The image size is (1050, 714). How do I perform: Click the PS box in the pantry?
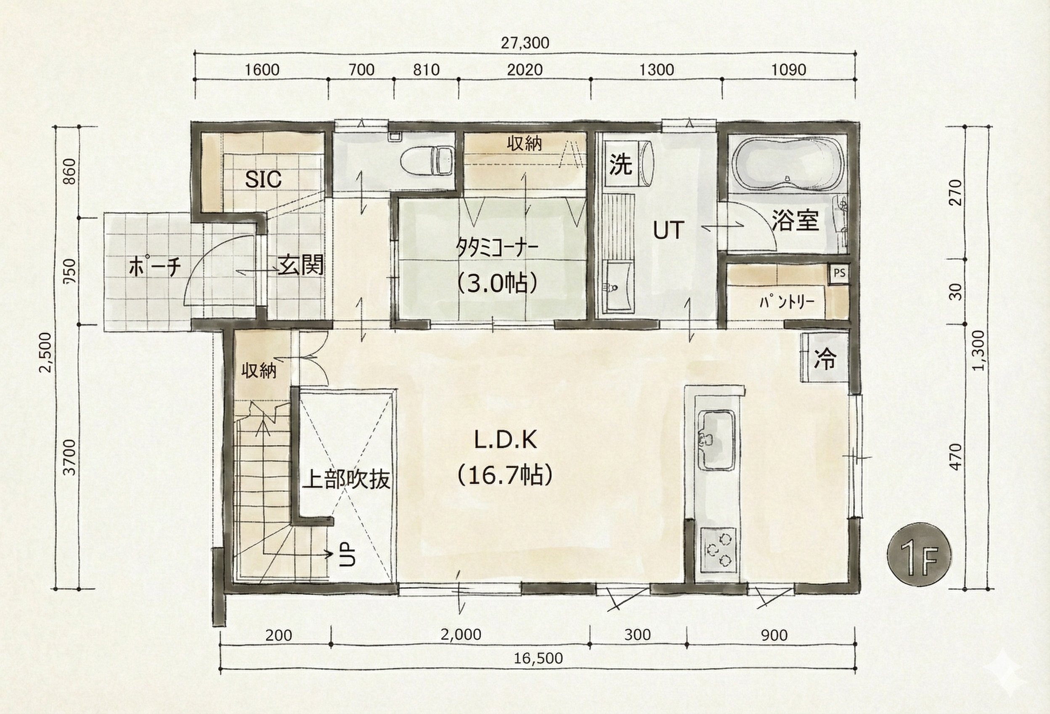click(x=839, y=273)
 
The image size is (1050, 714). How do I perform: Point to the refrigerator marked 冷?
click(x=825, y=358)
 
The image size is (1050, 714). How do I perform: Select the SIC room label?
click(x=263, y=180)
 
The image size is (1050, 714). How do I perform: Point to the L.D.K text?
click(x=506, y=440)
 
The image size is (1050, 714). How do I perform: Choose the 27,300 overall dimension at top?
click(x=525, y=43)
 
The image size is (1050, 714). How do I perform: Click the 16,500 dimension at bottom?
click(x=538, y=658)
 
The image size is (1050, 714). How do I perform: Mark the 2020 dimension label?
click(x=525, y=69)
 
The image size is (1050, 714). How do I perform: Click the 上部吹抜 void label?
click(x=346, y=480)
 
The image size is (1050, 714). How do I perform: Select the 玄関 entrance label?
click(x=301, y=265)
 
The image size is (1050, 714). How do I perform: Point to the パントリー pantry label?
click(x=787, y=301)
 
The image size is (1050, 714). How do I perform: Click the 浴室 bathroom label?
click(x=795, y=220)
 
